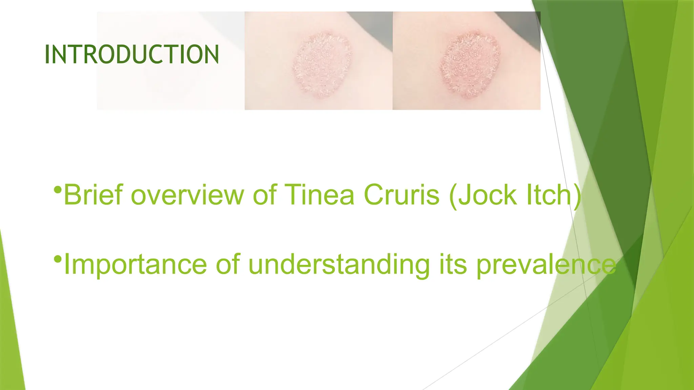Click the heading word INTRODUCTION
click(x=132, y=54)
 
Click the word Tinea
click(x=319, y=195)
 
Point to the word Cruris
click(x=402, y=195)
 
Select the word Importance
click(x=135, y=265)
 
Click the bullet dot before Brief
click(x=58, y=190)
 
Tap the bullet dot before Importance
click(x=58, y=260)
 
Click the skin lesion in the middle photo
click(x=322, y=64)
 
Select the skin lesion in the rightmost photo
click(x=470, y=64)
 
